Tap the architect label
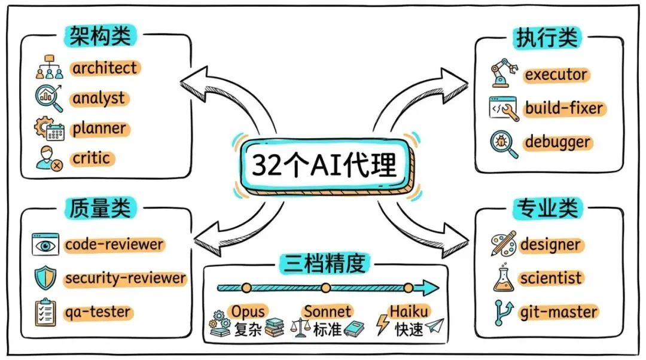(105, 68)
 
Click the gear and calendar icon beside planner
(49, 129)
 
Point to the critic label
(92, 158)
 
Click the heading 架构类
(100, 36)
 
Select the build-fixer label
(564, 108)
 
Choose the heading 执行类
(546, 38)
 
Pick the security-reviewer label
(125, 278)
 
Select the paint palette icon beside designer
(503, 244)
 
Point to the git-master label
(558, 312)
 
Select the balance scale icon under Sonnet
(299, 328)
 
